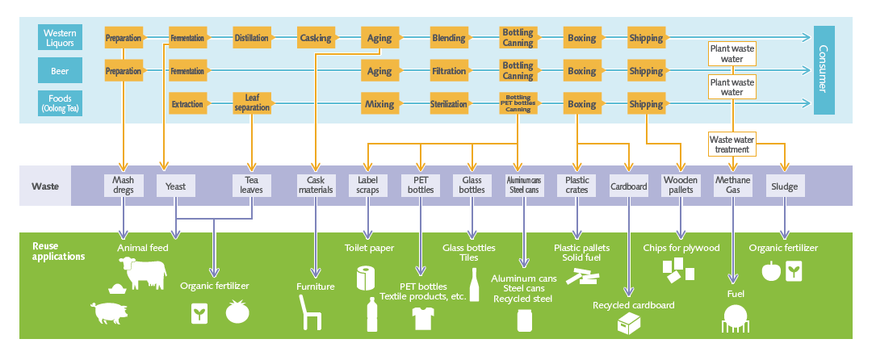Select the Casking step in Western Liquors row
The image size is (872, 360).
(x=315, y=38)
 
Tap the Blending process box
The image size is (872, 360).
(x=448, y=38)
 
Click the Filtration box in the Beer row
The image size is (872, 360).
(x=448, y=71)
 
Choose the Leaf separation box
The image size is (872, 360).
(x=251, y=103)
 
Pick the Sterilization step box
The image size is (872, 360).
(x=448, y=104)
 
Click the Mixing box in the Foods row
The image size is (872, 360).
(x=379, y=104)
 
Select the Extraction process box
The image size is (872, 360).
(x=187, y=104)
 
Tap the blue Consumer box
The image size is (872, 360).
(x=824, y=70)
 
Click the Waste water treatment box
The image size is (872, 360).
(x=732, y=144)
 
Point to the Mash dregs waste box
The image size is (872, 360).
(x=123, y=186)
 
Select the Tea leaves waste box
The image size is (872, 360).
(x=251, y=186)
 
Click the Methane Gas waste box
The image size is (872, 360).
(x=732, y=186)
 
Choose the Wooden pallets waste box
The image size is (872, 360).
(x=681, y=186)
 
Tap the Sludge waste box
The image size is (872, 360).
(x=784, y=186)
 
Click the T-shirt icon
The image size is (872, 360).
(x=421, y=318)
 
